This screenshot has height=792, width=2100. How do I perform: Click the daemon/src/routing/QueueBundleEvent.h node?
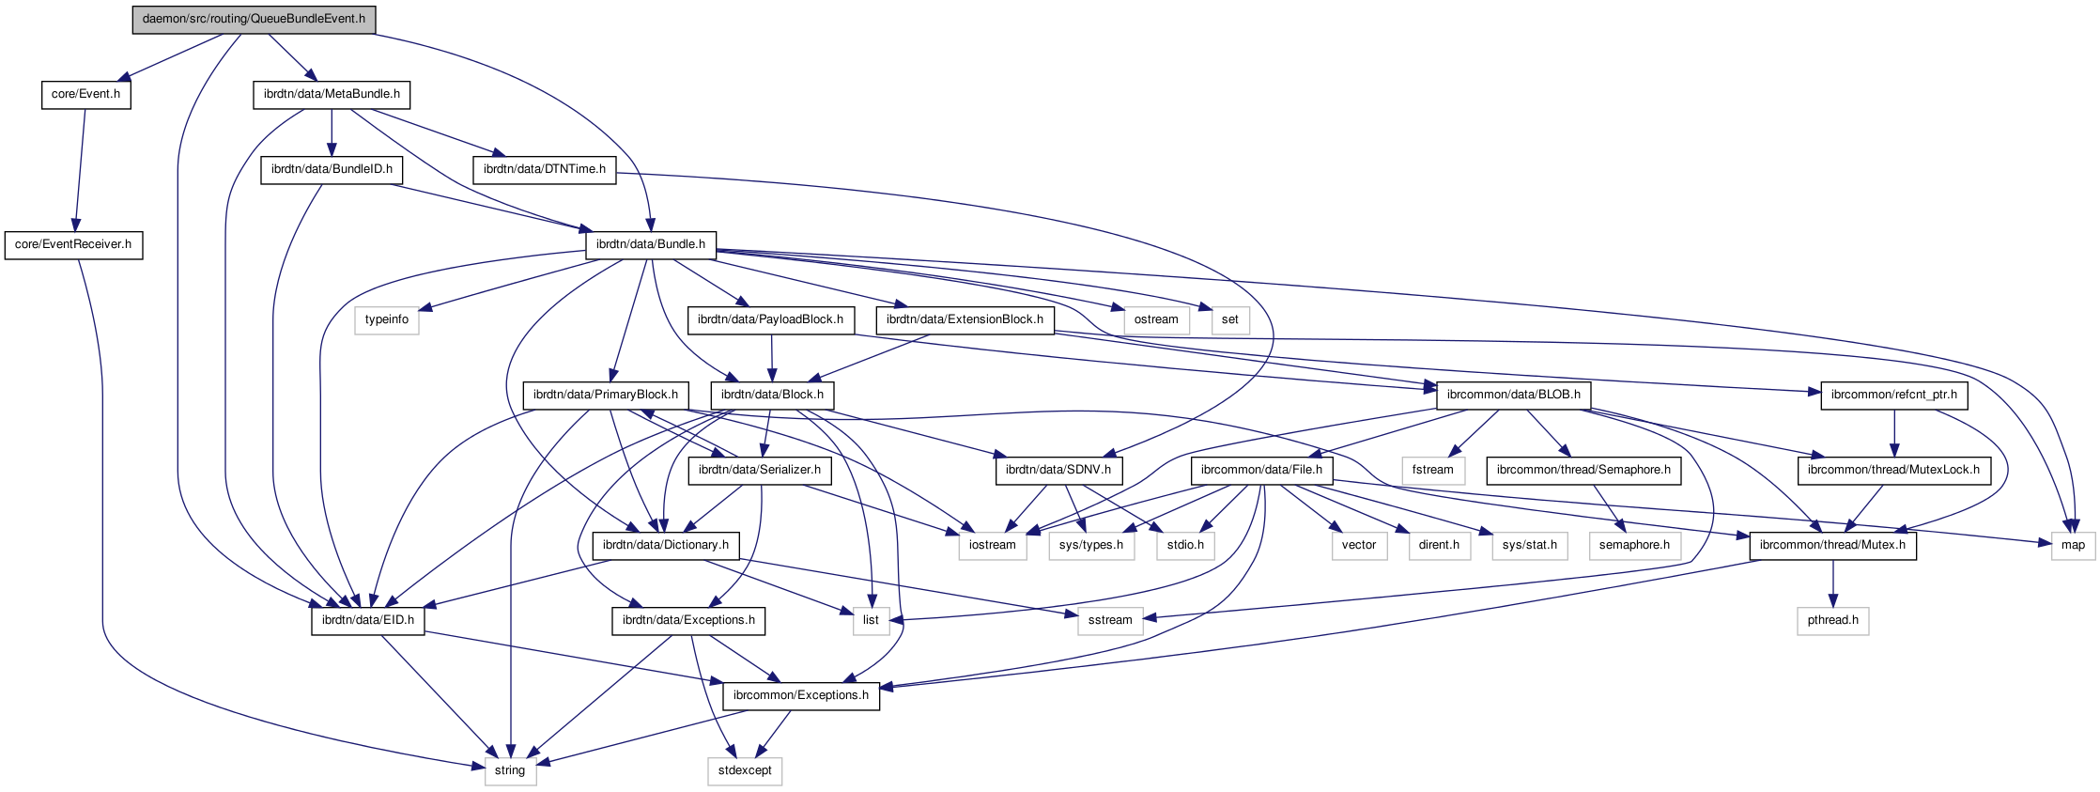coord(254,19)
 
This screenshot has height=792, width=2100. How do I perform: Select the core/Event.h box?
coord(85,94)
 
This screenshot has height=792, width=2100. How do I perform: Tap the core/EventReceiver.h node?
coord(73,244)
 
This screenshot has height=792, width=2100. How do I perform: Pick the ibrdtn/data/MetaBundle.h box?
coord(332,94)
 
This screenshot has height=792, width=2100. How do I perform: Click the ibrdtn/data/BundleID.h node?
coord(332,169)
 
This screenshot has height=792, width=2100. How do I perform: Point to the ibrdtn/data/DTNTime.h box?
coord(544,169)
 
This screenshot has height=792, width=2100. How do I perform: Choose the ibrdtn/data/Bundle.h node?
coord(651,244)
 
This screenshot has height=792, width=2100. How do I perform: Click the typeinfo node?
coord(387,319)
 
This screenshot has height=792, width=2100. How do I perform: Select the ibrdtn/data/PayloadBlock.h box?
coord(770,319)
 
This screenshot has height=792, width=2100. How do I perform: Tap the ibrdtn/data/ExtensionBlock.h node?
coord(965,319)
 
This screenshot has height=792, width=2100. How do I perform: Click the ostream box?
coord(1155,319)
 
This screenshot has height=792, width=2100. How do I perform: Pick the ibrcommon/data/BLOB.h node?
coord(1513,395)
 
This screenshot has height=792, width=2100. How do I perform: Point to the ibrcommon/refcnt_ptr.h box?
coord(1893,395)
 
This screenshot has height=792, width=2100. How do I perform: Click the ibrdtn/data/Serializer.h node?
coord(759,470)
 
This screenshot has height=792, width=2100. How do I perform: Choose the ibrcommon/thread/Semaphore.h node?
coord(1583,470)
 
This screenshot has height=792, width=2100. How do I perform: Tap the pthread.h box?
coord(1832,620)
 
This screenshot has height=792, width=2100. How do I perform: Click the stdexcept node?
coord(745,770)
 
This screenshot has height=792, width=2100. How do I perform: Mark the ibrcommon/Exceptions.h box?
coord(801,695)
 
